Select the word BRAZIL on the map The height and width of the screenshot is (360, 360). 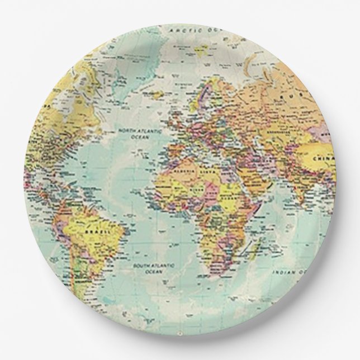[93, 230]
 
